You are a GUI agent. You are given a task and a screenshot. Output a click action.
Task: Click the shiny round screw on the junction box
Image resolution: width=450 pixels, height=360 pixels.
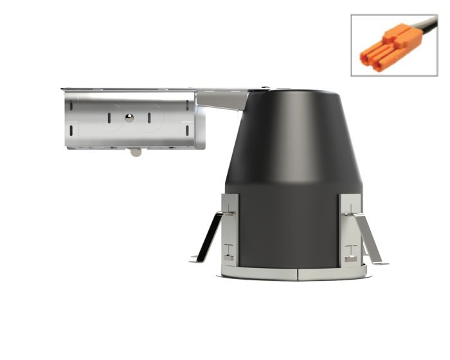(x=129, y=117)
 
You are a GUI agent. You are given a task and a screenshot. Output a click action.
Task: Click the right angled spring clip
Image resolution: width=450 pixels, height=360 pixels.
(x=369, y=238)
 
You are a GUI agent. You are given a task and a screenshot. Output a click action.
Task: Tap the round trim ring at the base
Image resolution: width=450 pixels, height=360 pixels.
(x=296, y=273)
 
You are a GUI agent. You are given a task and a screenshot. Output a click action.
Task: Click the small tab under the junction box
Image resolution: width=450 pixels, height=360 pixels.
(x=134, y=152)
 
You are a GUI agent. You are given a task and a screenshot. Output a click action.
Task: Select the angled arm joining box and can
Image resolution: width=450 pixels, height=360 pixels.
(x=222, y=100)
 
